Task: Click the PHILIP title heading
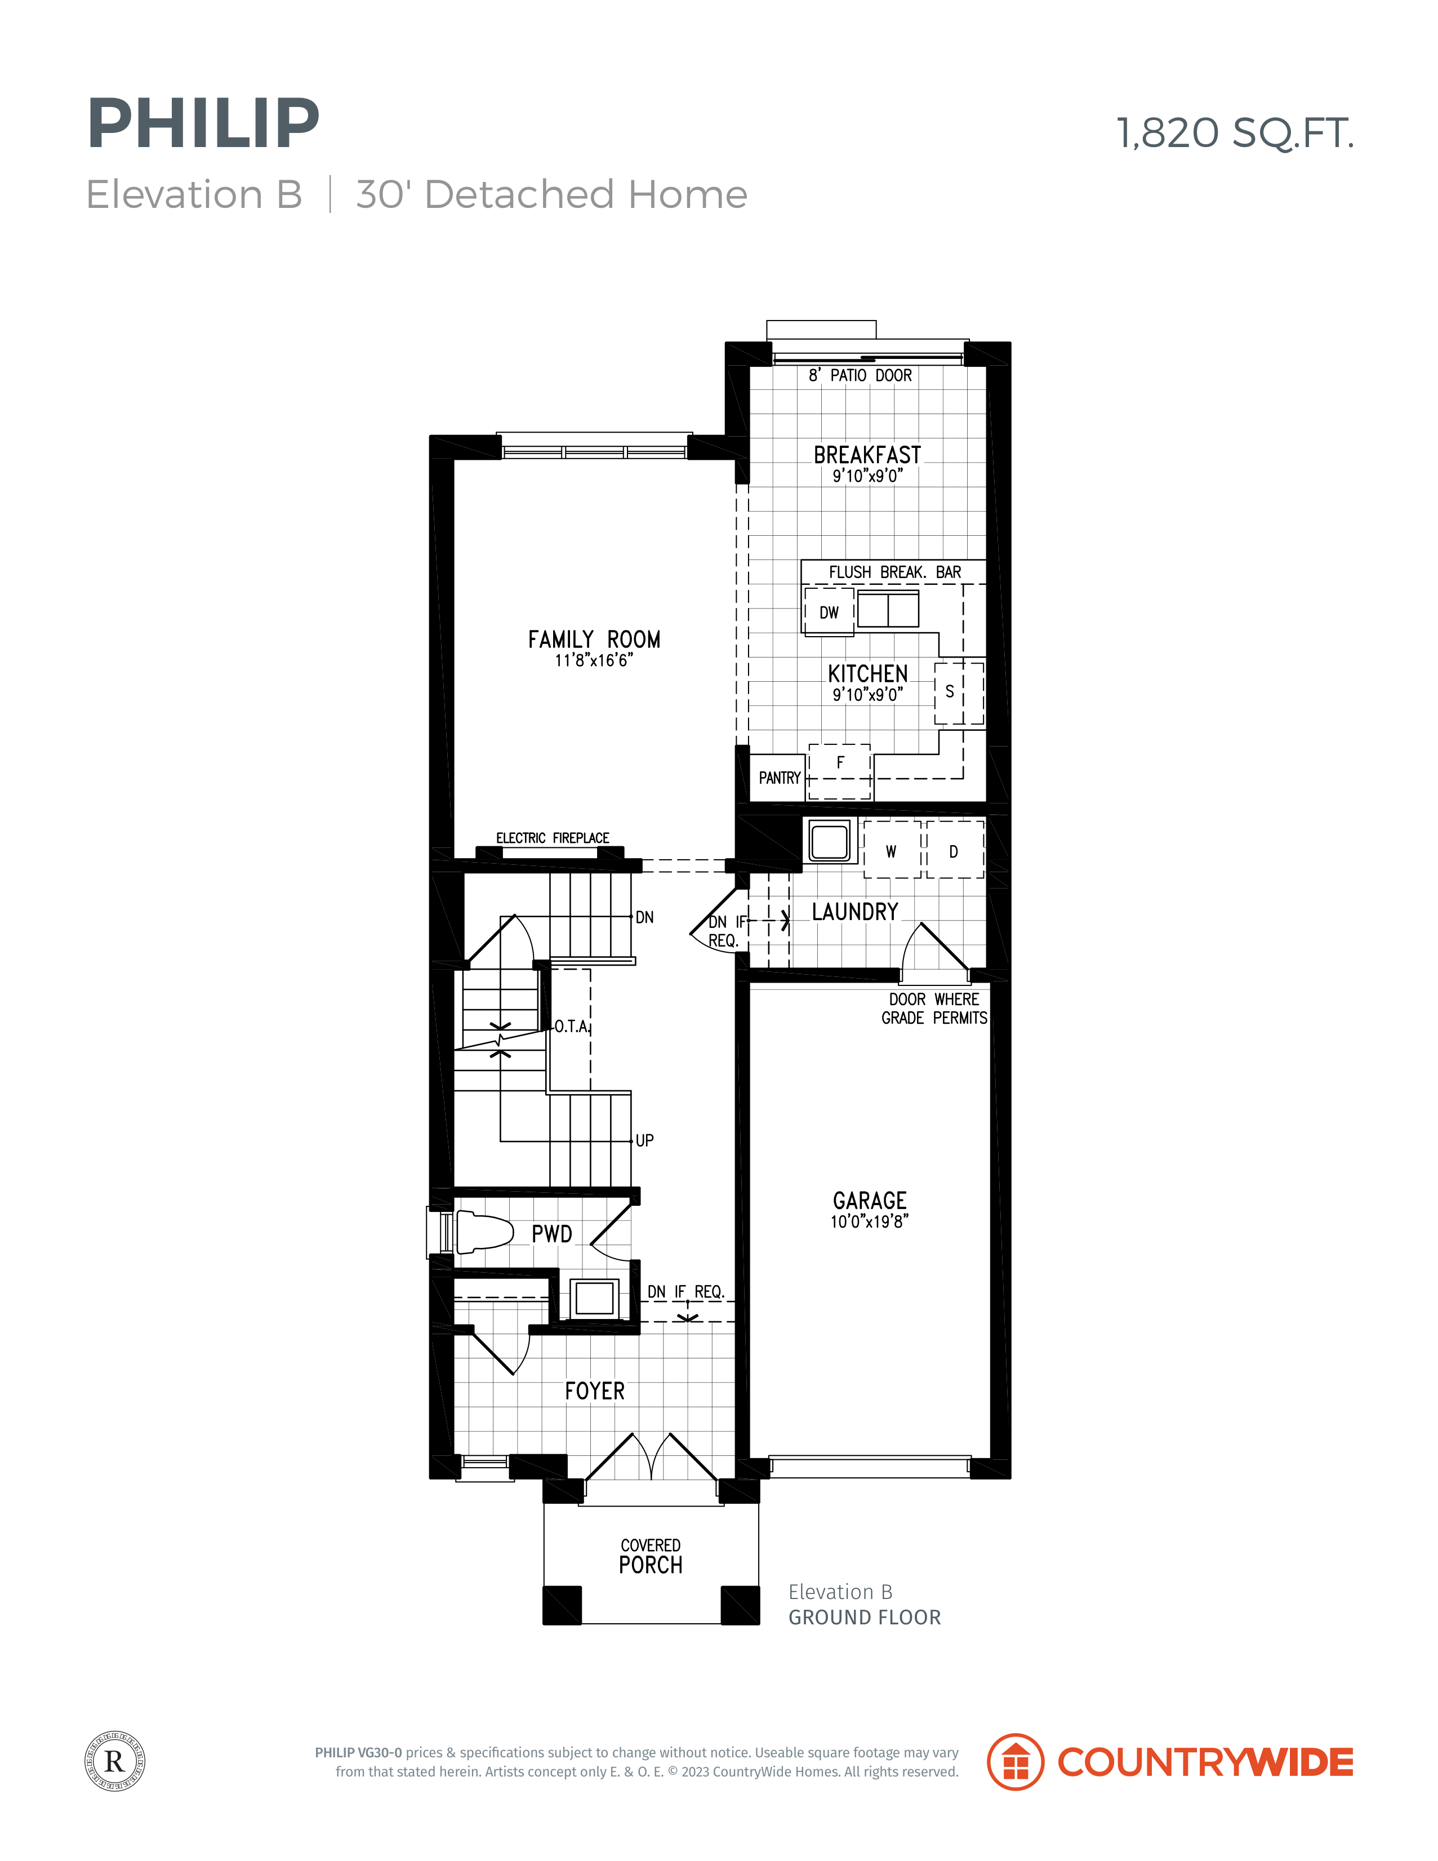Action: (203, 125)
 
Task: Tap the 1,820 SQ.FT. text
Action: (1235, 133)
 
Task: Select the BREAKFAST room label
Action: (867, 455)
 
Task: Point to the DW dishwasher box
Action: (829, 612)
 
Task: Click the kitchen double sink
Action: (888, 609)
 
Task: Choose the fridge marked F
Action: (840, 771)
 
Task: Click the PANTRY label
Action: (780, 778)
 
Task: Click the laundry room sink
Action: (829, 841)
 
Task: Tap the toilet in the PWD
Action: (483, 1232)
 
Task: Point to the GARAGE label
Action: (870, 1201)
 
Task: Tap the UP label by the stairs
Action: (645, 1140)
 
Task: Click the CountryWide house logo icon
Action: (1014, 1761)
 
